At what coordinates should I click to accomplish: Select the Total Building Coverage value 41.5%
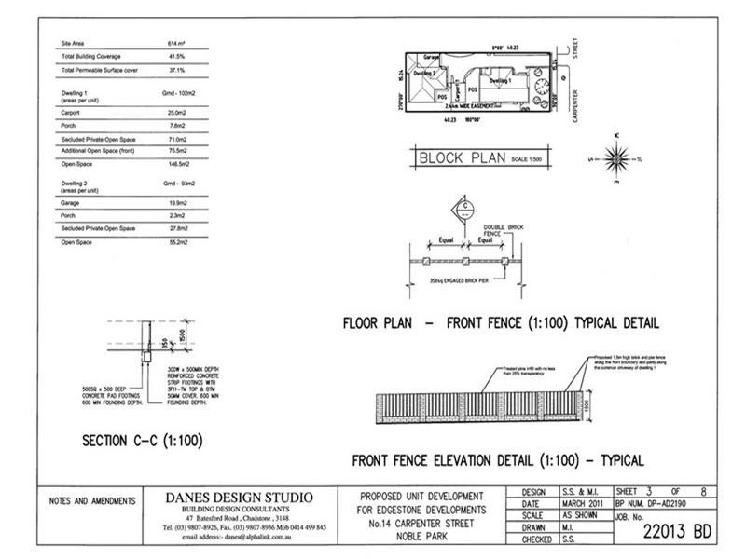point(173,57)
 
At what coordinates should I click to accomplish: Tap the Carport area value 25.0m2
point(174,112)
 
